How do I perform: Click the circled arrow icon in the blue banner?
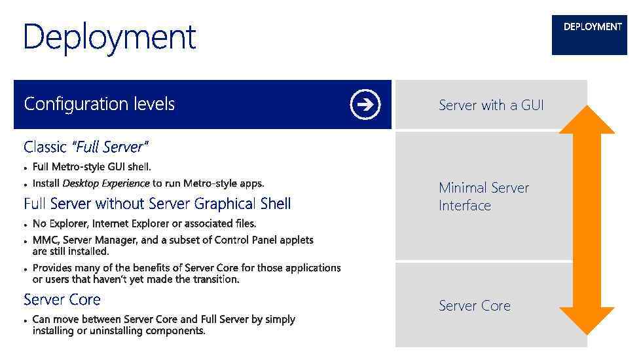365,104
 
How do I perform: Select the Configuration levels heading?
99,104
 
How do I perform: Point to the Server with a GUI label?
491,105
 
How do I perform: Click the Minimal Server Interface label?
483,197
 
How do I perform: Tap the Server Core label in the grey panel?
474,306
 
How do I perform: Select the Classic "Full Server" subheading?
86,146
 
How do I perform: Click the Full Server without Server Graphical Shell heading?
157,204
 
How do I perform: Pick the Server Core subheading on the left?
62,300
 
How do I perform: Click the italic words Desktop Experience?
105,183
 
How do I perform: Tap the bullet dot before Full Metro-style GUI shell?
26,168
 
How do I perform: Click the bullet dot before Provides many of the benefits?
26,269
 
